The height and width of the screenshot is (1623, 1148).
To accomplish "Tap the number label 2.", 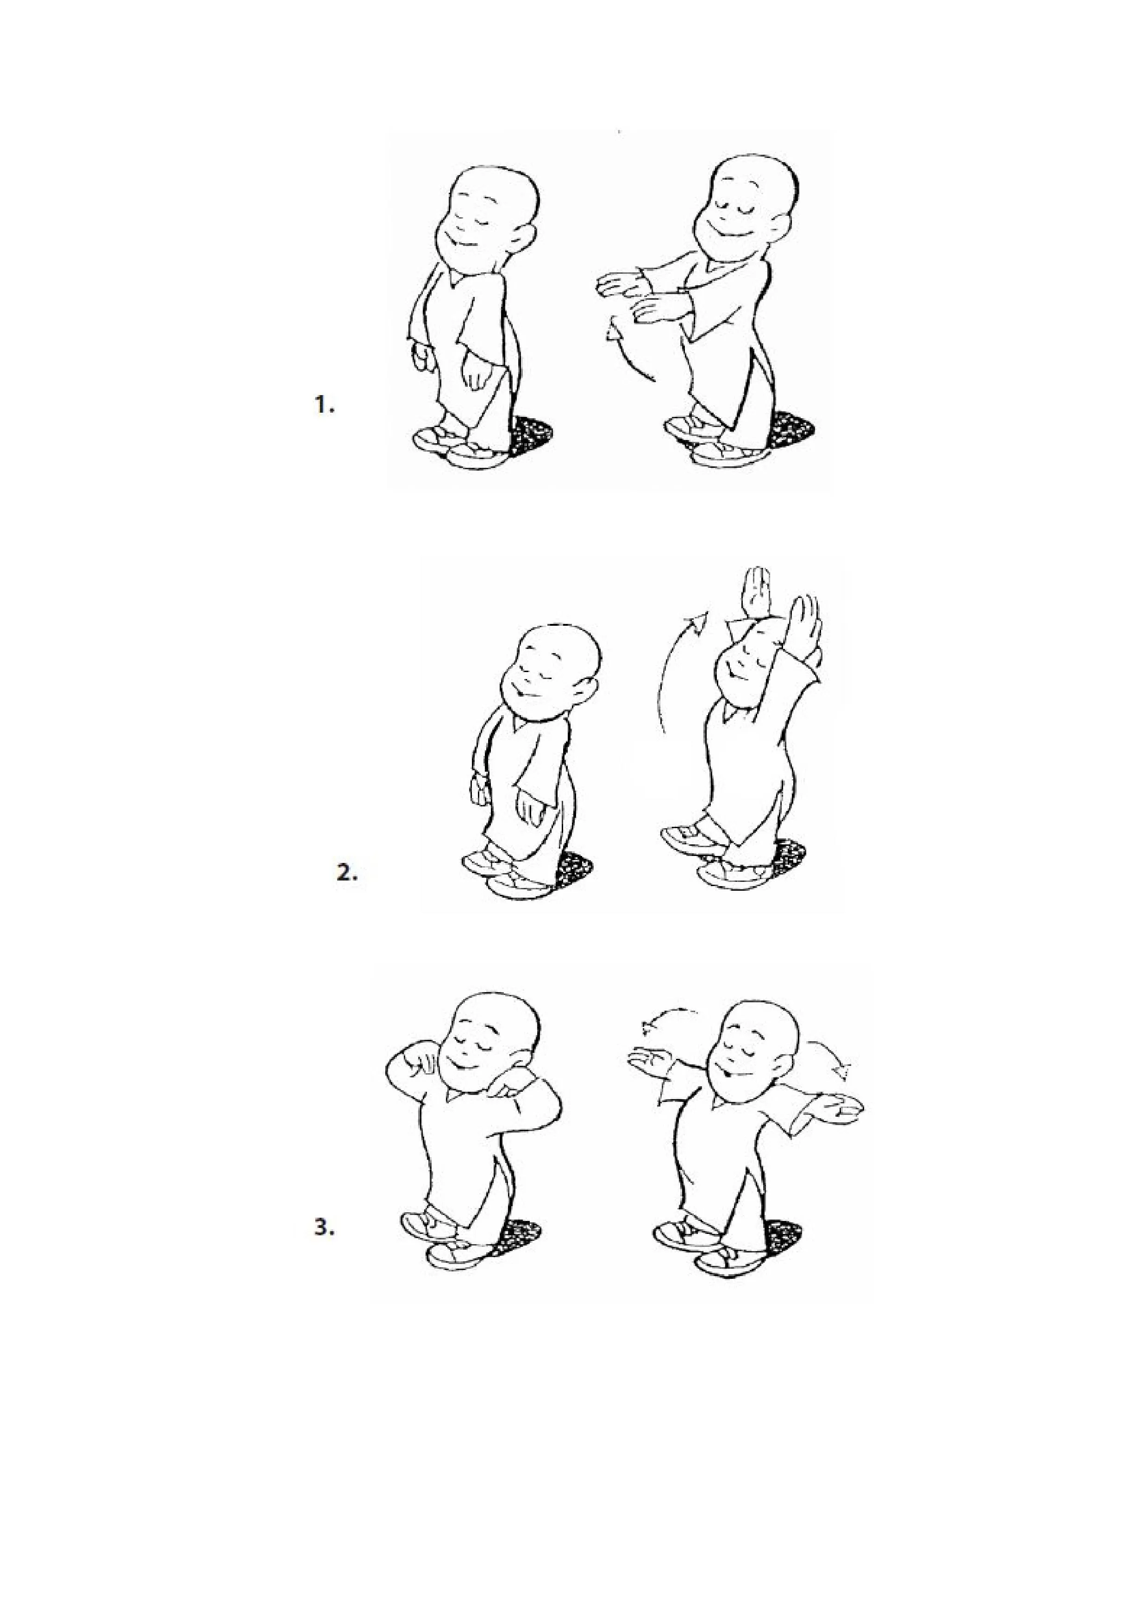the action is [347, 873].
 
